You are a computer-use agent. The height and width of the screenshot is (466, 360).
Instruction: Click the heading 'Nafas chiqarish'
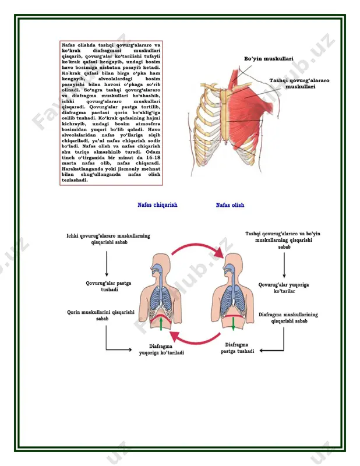coord(157,205)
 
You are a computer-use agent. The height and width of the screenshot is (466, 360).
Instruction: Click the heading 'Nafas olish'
coord(230,205)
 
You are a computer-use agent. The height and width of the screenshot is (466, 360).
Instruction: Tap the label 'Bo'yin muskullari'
coord(269,59)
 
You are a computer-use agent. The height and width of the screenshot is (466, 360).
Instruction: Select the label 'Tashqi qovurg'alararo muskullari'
coord(299,83)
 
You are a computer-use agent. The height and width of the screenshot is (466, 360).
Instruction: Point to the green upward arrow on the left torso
coord(161,324)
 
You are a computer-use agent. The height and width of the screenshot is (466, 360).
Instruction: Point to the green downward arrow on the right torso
coord(234,324)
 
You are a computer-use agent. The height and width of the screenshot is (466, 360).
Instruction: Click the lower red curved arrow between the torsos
coord(195,340)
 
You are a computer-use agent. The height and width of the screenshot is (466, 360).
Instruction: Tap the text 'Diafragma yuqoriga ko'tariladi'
coord(161,349)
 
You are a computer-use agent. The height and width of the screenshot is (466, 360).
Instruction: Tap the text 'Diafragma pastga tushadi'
coord(237,348)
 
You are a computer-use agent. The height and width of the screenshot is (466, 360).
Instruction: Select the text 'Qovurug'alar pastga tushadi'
coord(108,286)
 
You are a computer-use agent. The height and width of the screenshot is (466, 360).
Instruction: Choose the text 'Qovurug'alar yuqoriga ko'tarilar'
coord(284,288)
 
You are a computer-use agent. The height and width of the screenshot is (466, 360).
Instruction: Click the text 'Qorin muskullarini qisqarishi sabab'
coord(101,315)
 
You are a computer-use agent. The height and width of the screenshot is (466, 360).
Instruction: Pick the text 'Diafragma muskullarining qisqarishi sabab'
coord(288,317)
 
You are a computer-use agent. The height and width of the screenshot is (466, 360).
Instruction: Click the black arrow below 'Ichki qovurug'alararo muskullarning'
coord(107,264)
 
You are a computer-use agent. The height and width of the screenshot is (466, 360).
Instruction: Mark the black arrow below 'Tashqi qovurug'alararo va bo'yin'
coord(284,265)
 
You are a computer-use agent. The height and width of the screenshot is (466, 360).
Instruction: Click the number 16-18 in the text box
coord(153,157)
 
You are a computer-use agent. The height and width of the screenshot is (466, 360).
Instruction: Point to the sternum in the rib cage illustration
coord(224,115)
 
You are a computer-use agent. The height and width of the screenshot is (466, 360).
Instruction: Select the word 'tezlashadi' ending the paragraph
coord(75,180)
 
